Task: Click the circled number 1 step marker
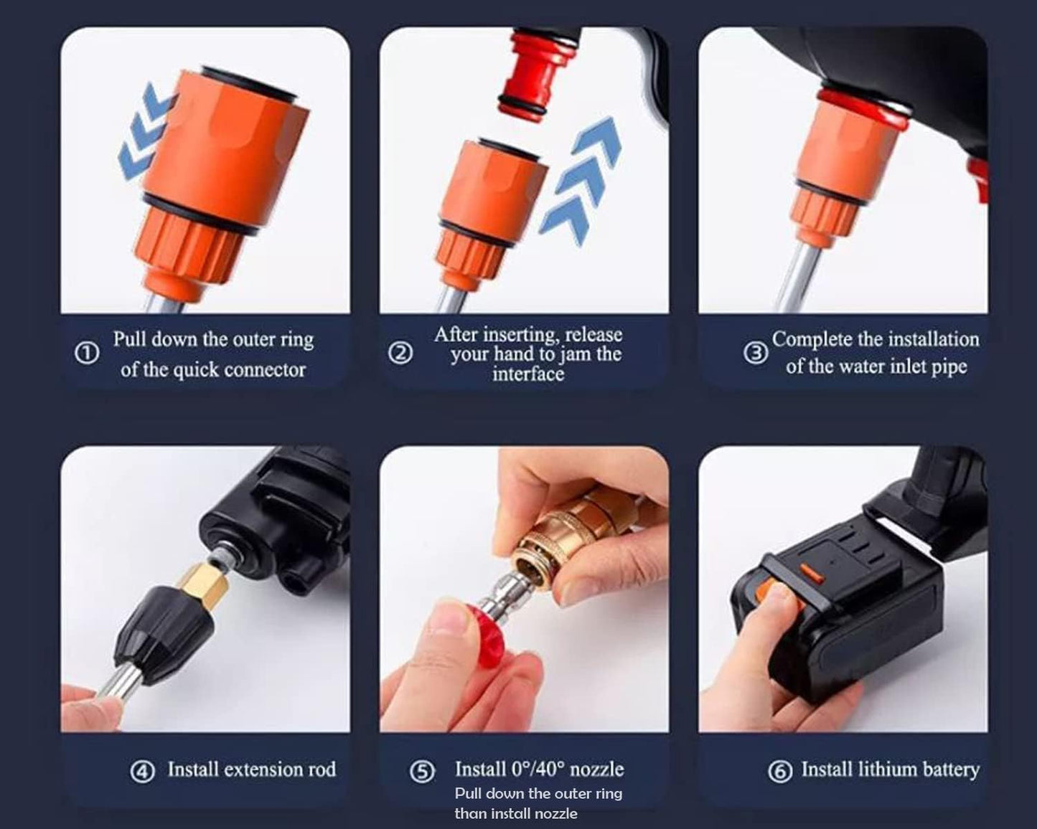pyautogui.click(x=87, y=354)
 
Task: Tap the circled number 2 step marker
pyautogui.click(x=400, y=353)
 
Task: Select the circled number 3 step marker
pyautogui.click(x=755, y=353)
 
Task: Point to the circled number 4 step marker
pyautogui.click(x=142, y=771)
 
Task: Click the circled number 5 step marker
pyautogui.click(x=422, y=771)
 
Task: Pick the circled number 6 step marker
pyautogui.click(x=780, y=771)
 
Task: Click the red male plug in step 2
pyautogui.click(x=526, y=72)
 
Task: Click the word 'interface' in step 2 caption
pyautogui.click(x=527, y=374)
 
